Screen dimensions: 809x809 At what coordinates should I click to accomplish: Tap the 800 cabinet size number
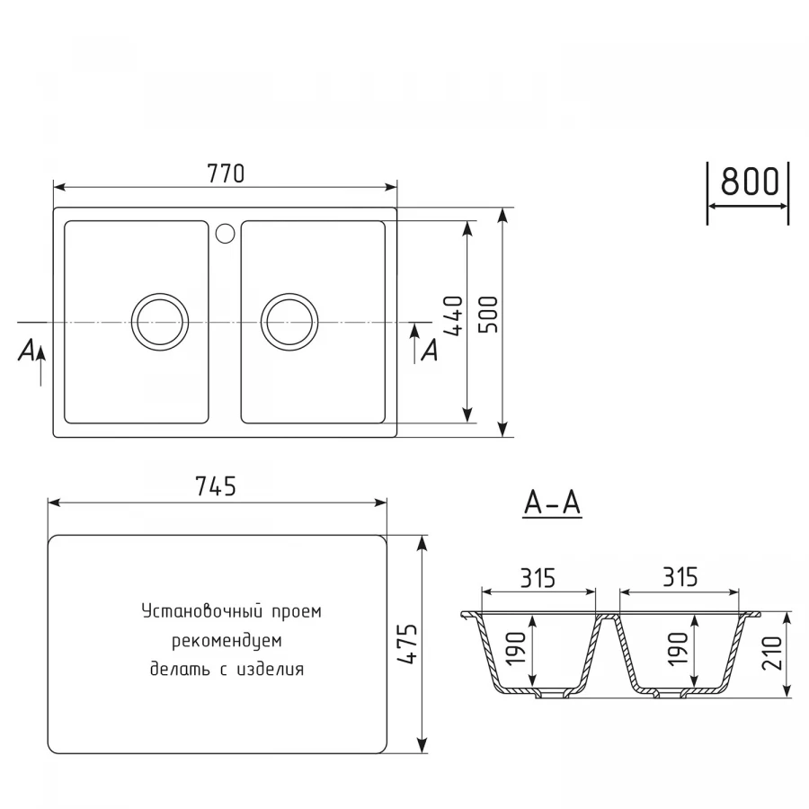coord(748,182)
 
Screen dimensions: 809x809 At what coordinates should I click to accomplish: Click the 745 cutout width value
coord(216,486)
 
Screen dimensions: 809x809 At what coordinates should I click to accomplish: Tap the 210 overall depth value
coord(771,655)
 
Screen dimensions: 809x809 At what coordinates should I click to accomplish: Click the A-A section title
coord(552,505)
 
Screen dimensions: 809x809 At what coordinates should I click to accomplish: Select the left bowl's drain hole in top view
coord(160,321)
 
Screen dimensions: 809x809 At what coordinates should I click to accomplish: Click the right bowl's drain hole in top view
coord(289,321)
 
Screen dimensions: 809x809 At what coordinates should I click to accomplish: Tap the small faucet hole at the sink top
coord(225,234)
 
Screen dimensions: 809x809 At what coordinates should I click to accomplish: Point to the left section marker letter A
coord(28,351)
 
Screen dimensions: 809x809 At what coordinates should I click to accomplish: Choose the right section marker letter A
coord(430,351)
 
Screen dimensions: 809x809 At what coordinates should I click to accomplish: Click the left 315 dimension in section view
coord(538,577)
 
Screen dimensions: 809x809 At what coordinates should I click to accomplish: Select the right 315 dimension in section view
coord(679,577)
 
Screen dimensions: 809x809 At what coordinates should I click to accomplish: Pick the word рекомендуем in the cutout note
coord(227,641)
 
